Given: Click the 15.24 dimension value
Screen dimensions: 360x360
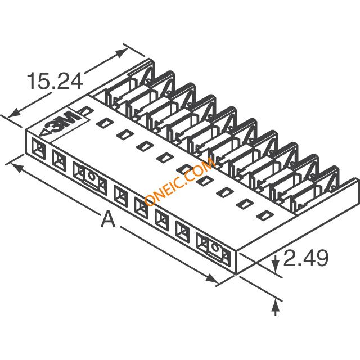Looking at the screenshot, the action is click(55, 81).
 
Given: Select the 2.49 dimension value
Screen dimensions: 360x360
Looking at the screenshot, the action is click(306, 258).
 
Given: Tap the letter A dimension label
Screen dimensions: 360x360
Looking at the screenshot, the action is click(108, 219).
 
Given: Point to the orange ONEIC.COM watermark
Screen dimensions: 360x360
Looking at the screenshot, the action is click(181, 181).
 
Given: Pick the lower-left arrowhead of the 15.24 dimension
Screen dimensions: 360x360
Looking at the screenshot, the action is click(14, 114).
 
